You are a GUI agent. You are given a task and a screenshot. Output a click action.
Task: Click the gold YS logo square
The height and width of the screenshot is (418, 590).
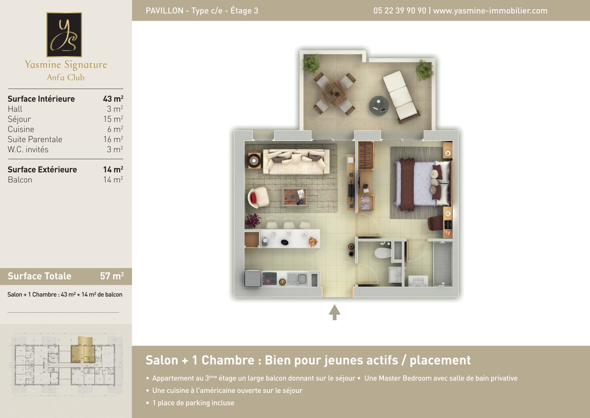[64, 35]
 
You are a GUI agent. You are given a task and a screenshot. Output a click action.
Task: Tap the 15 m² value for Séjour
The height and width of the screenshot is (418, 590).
[113, 119]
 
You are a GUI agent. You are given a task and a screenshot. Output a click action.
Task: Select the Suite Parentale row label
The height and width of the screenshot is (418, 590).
[35, 139]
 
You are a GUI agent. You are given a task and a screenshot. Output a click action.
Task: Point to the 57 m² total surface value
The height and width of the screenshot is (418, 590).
[112, 276]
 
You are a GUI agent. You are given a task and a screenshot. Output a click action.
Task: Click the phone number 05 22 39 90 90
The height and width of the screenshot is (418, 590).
[400, 11]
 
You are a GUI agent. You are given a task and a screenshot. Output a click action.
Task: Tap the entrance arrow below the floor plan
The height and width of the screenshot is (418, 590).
[334, 312]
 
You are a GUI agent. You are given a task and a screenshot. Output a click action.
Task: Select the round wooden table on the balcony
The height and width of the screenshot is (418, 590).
[334, 94]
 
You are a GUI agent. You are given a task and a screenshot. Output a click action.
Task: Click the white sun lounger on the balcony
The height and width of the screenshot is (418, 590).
[400, 96]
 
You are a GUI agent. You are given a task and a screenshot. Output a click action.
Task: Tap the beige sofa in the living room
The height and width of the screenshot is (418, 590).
[296, 162]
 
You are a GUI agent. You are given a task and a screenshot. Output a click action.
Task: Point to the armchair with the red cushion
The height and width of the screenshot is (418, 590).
[258, 197]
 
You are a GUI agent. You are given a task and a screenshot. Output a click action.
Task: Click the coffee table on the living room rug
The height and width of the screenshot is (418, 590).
[295, 197]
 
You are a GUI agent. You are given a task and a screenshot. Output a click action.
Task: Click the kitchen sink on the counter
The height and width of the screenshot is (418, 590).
[297, 279]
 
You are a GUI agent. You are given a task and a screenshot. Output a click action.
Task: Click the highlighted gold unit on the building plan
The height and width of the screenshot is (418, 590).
[83, 352]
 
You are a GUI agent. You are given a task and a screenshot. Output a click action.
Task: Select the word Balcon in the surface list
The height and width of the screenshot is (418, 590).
[20, 180]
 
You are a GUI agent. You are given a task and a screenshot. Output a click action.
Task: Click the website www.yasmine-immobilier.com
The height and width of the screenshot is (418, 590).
[490, 11]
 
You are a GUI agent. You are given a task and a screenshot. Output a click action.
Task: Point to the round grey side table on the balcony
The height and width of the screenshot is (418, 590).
[378, 106]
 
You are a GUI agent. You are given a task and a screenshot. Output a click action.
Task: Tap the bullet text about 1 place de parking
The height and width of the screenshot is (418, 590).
[193, 403]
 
